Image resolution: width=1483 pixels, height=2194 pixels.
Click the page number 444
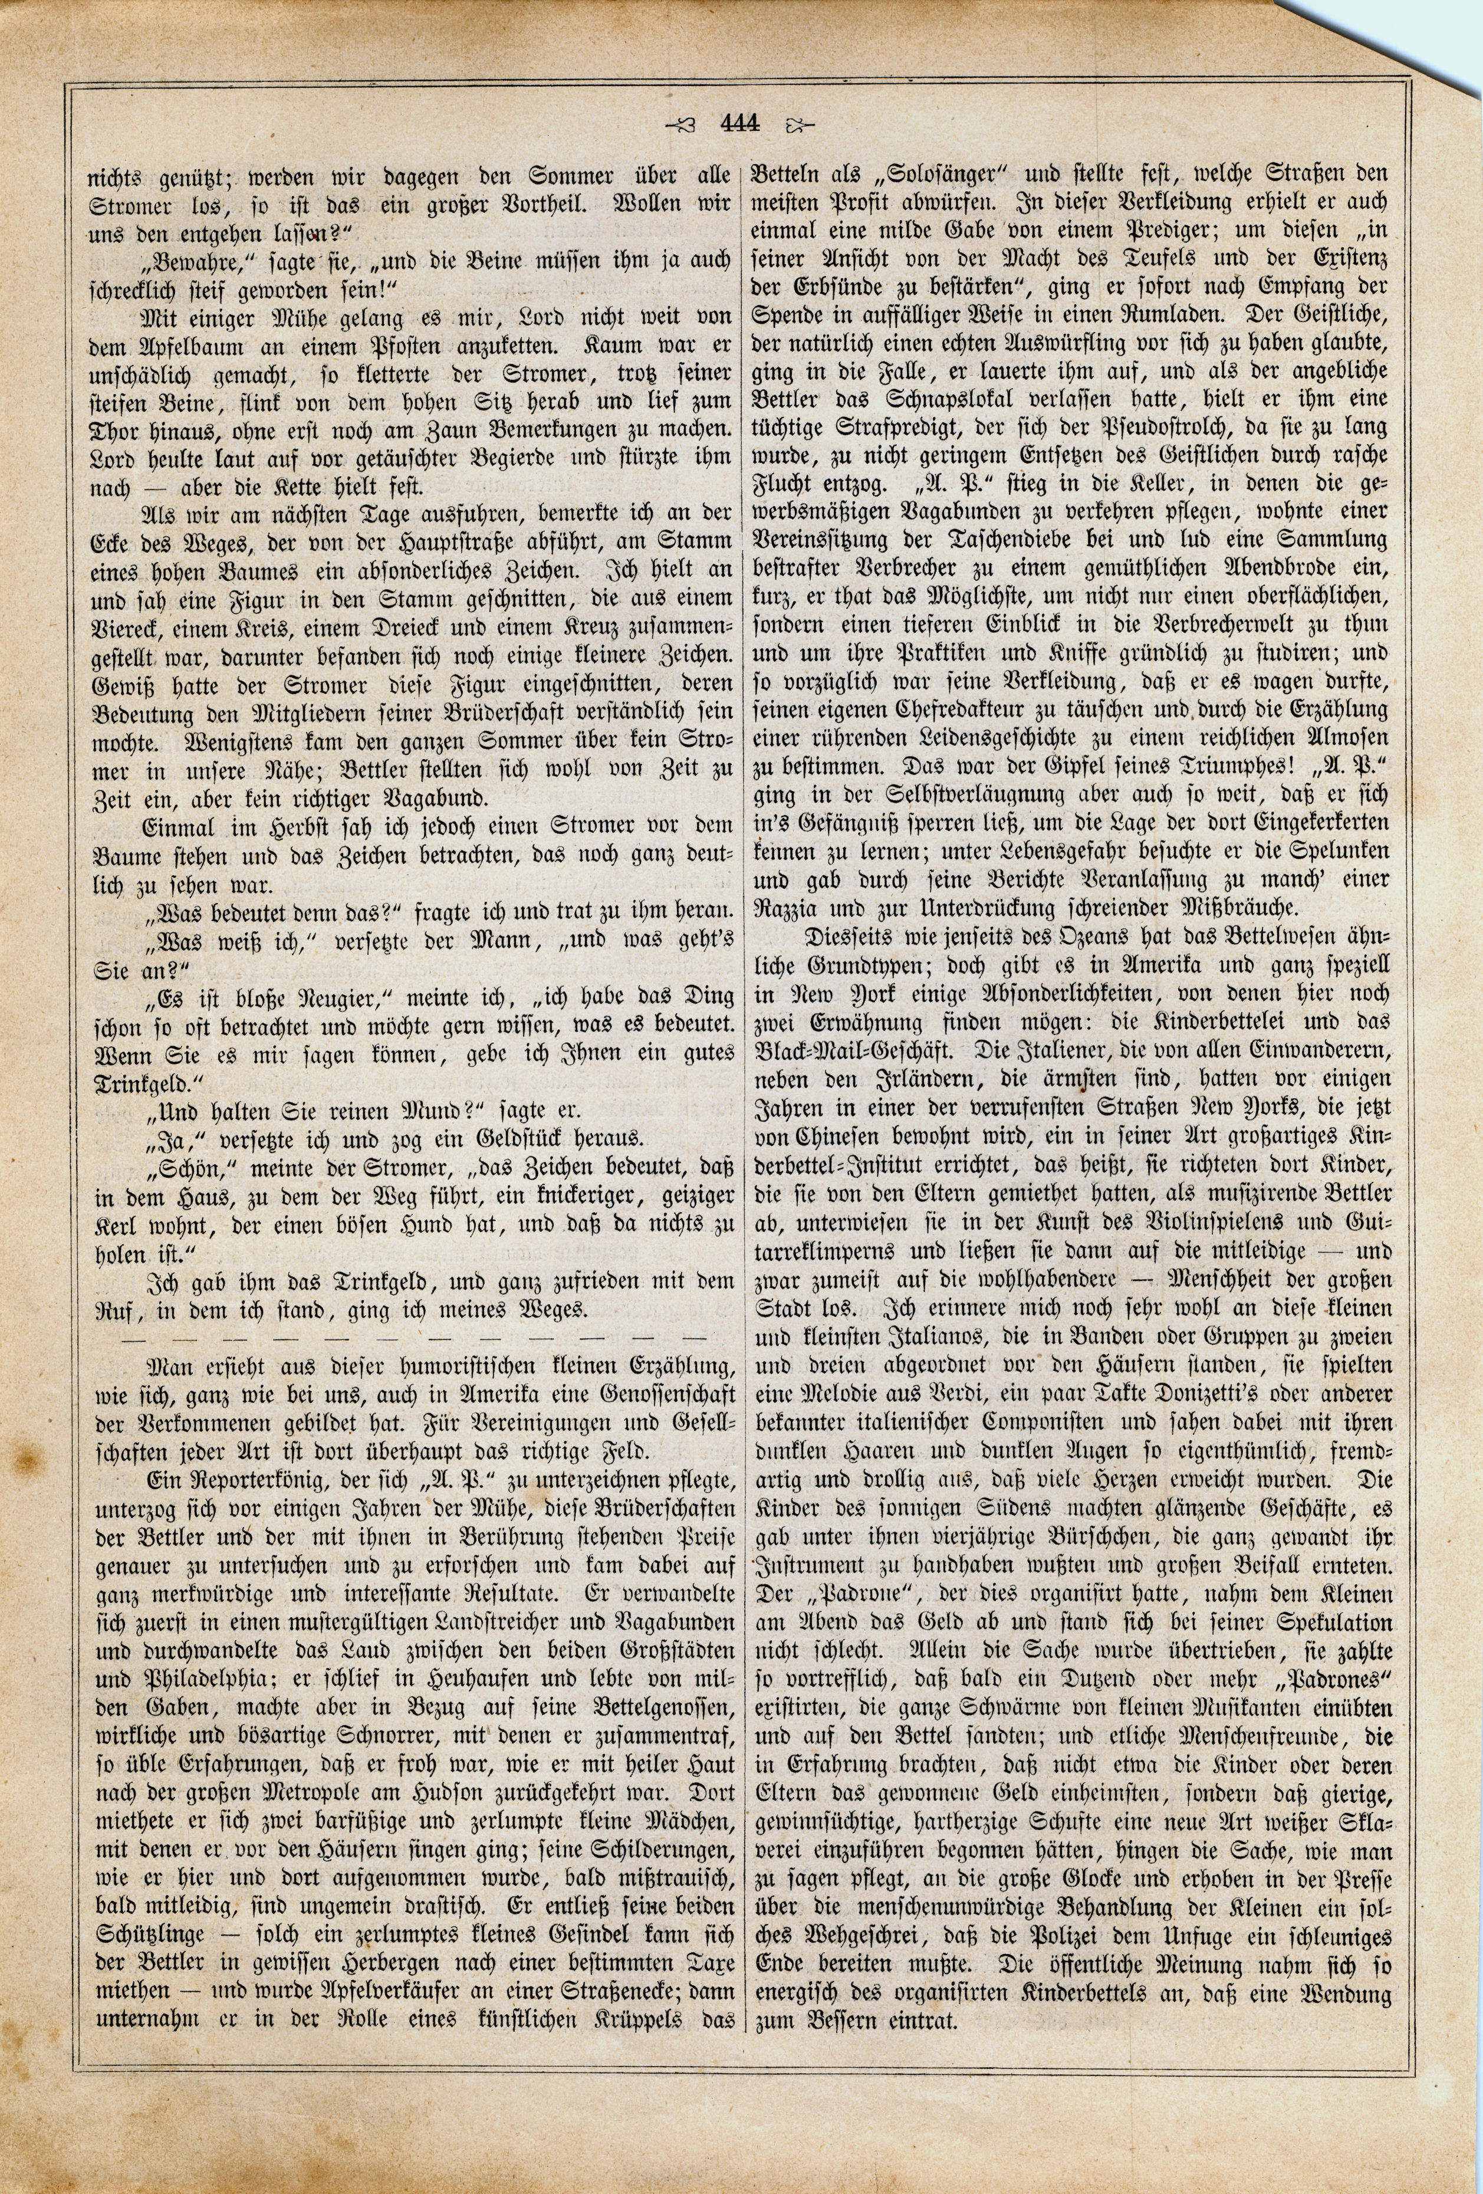click(739, 124)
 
